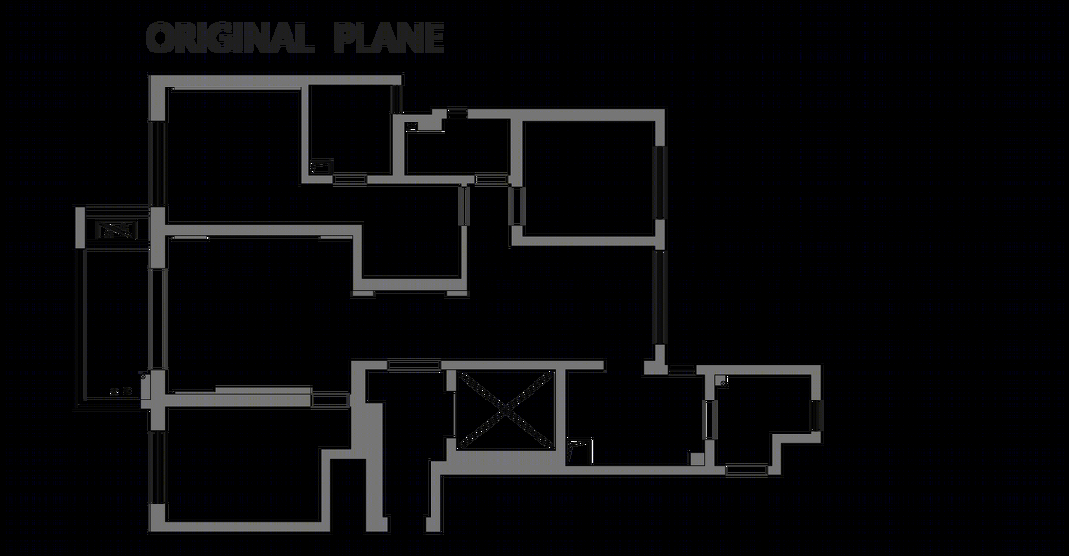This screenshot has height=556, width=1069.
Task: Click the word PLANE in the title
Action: click(x=390, y=38)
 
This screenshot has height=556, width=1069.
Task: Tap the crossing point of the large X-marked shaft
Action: click(x=504, y=409)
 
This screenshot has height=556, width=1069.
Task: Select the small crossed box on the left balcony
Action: click(x=117, y=230)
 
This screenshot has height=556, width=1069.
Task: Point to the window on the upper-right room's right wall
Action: click(x=659, y=182)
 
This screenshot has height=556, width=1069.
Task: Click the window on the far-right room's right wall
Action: click(x=816, y=415)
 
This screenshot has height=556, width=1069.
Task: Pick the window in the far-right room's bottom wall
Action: click(x=746, y=470)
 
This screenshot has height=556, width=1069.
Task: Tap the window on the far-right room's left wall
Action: click(x=709, y=420)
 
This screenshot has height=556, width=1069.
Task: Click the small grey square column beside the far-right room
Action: click(x=697, y=459)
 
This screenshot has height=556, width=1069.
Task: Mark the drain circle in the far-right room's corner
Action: click(x=723, y=382)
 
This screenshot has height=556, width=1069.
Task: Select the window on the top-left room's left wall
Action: click(x=157, y=163)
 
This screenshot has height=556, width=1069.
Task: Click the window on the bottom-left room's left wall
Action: click(x=157, y=468)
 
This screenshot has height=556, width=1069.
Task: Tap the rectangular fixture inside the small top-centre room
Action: click(x=321, y=166)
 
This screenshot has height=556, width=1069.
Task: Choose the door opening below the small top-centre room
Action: click(x=351, y=180)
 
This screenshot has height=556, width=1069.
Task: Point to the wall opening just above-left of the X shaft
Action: click(x=414, y=365)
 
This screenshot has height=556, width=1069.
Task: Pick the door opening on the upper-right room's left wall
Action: click(x=516, y=205)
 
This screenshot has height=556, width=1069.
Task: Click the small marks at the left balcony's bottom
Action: click(x=121, y=392)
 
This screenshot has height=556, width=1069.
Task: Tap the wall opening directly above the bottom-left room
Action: click(x=330, y=400)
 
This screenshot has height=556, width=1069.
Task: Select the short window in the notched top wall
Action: click(x=457, y=112)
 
